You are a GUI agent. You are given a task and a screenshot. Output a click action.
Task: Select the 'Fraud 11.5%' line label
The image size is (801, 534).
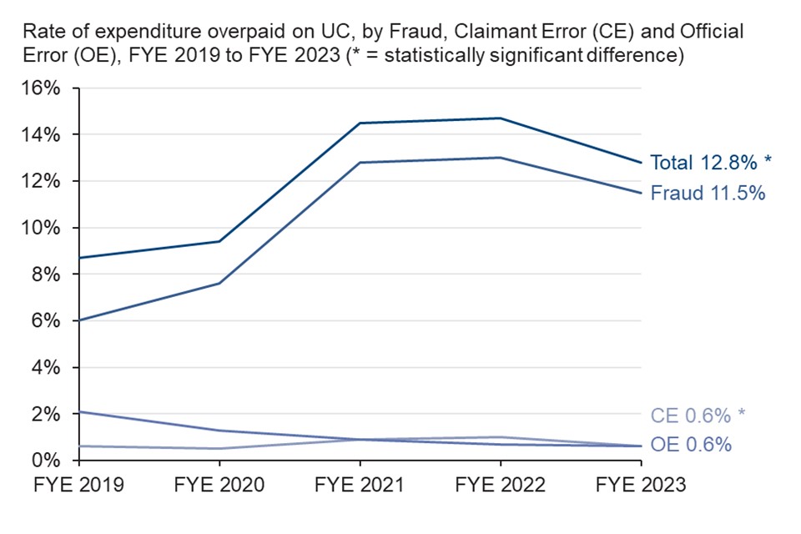[x=708, y=193]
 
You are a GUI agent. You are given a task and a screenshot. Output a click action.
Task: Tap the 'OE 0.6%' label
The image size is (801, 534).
[x=691, y=446]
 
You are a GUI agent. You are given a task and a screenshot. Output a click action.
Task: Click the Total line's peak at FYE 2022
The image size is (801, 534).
[x=501, y=118]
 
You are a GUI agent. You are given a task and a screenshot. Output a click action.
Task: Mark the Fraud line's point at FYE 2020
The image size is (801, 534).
[x=219, y=284]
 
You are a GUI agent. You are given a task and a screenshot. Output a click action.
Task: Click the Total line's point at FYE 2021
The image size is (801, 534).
[x=360, y=123]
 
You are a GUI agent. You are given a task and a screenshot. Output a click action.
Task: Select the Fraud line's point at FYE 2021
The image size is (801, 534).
[x=360, y=163]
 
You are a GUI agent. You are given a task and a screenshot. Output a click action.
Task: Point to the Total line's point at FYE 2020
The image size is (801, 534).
[x=219, y=241]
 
